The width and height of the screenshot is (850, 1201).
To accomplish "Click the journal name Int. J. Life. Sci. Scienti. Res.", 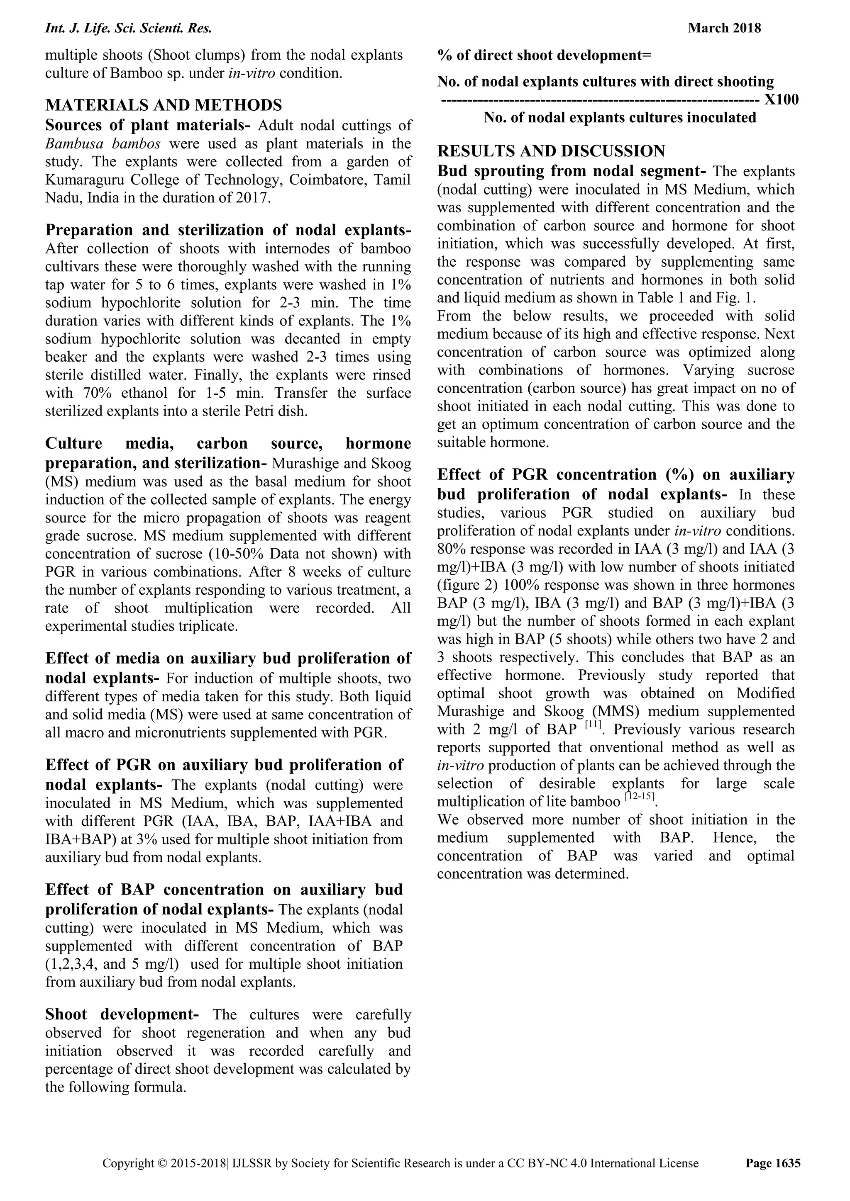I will (x=128, y=28).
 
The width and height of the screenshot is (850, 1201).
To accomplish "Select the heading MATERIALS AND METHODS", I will (x=163, y=105).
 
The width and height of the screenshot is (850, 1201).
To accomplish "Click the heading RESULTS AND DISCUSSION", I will (x=551, y=151).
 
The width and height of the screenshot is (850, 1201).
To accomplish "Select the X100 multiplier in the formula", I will (x=781, y=100).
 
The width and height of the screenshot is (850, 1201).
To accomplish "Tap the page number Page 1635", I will (x=772, y=1163).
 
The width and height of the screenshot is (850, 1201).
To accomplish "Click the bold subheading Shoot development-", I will (x=122, y=1015).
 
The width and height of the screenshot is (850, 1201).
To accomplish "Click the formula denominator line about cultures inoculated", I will (x=619, y=118).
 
